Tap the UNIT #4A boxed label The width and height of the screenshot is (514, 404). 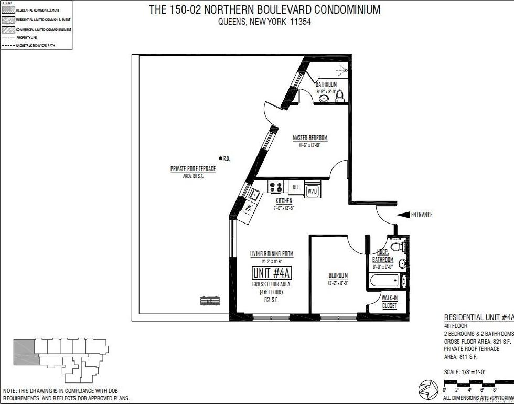tap(272, 273)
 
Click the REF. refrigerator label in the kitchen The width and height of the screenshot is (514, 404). tap(296, 187)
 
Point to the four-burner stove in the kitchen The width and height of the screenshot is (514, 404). tap(275, 187)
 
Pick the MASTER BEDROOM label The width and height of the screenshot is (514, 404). tap(309, 139)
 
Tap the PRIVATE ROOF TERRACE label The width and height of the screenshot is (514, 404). tap(193, 169)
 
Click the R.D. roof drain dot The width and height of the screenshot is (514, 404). tap(221, 158)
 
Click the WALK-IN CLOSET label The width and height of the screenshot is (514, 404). tap(389, 302)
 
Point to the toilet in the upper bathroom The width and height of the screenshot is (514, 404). tap(339, 95)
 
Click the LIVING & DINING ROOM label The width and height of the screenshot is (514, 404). tap(271, 254)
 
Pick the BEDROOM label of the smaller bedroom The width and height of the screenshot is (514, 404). tap(338, 275)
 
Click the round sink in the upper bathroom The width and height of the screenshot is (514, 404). tap(324, 98)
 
